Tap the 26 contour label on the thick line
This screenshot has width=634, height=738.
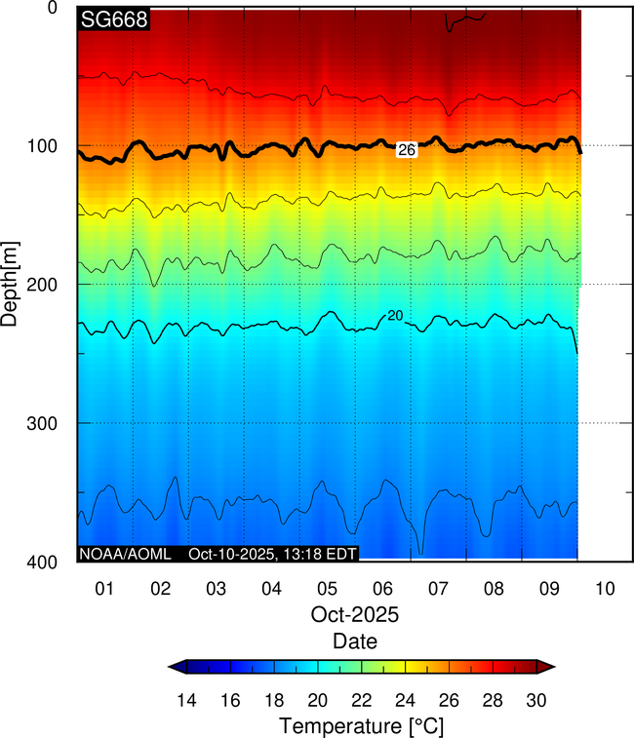408,150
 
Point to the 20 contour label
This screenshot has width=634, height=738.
395,315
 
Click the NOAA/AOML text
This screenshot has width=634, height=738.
125,554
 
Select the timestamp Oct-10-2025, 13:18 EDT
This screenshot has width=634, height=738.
273,554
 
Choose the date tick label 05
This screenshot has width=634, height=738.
327,589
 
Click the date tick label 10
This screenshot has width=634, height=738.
606,589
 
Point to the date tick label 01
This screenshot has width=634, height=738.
104,589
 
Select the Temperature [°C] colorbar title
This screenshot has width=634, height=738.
362,726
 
